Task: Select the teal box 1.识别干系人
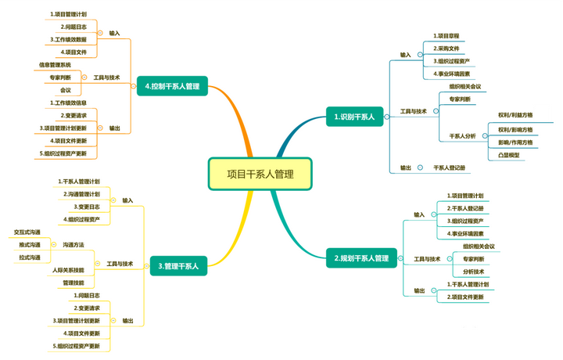click(x=354, y=117)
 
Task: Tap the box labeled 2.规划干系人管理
click(x=361, y=257)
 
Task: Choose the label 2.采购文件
click(x=447, y=49)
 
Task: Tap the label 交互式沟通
click(x=27, y=232)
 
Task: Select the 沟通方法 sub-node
click(x=74, y=244)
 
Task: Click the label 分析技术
click(x=474, y=272)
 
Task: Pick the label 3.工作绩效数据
click(x=69, y=38)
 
